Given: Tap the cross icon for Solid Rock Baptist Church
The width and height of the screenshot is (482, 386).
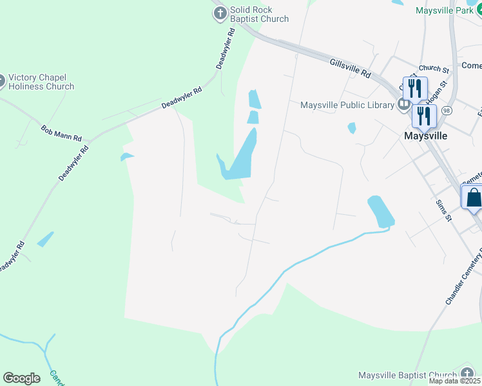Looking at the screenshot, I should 220,13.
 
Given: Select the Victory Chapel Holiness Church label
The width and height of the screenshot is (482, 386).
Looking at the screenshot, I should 42,82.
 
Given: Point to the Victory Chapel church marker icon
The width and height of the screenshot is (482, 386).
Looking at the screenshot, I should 1,81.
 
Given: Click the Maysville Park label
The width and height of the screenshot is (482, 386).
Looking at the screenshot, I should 444,11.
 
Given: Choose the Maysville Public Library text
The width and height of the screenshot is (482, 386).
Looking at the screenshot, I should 347,105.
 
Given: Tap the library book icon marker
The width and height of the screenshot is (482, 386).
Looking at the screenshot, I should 404,104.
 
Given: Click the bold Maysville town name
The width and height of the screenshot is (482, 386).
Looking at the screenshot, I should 425,136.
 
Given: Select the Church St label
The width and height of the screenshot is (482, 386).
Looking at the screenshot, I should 433,68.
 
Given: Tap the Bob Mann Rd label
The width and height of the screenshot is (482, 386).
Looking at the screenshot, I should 61,133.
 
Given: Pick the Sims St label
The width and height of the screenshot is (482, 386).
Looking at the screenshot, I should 443,210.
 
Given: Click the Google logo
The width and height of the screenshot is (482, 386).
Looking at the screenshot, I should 21,378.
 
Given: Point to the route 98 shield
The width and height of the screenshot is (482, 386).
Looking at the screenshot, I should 447,111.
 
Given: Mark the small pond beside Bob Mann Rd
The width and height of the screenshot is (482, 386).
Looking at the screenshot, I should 127,156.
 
